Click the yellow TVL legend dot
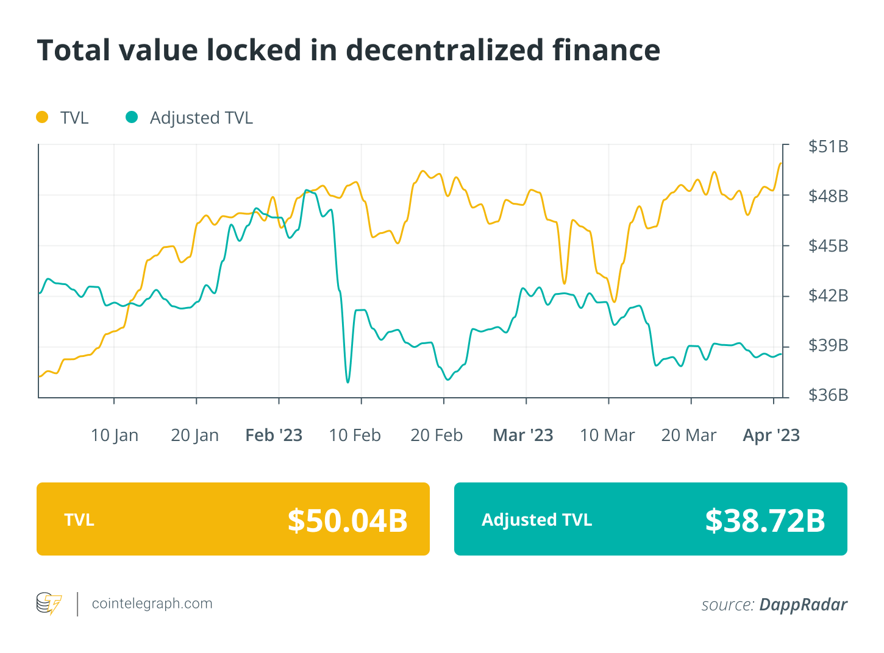pyautogui.click(x=42, y=117)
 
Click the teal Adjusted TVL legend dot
pyautogui.click(x=132, y=117)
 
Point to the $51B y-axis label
pyautogui.click(x=828, y=147)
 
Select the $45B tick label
pyautogui.click(x=828, y=246)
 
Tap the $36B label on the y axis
pyautogui.click(x=828, y=395)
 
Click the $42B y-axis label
pyautogui.click(x=828, y=296)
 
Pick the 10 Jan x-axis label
pyautogui.click(x=115, y=436)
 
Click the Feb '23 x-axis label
pyautogui.click(x=274, y=436)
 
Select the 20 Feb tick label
pyautogui.click(x=437, y=436)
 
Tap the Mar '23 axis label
pyautogui.click(x=522, y=436)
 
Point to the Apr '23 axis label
pyautogui.click(x=771, y=436)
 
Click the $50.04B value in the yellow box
pyautogui.click(x=348, y=520)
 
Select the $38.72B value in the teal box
pyautogui.click(x=765, y=520)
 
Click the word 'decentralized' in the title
pyautogui.click(x=444, y=50)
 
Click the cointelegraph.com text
pyautogui.click(x=152, y=604)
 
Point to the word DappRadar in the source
pyautogui.click(x=803, y=604)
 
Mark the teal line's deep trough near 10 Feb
pyautogui.click(x=348, y=382)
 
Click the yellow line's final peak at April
pyautogui.click(x=780, y=163)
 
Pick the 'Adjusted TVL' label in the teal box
pyautogui.click(x=536, y=520)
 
